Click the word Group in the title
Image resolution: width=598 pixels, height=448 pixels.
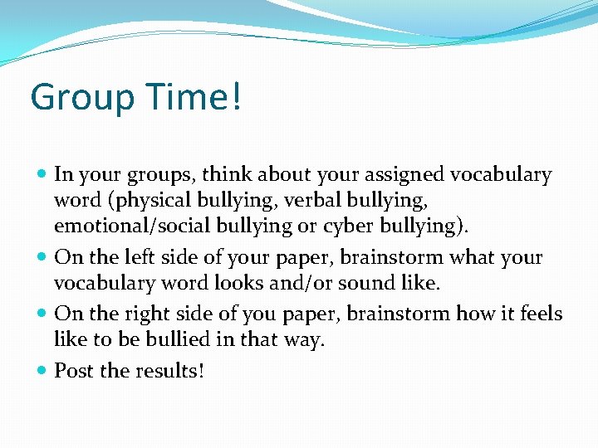[80, 99]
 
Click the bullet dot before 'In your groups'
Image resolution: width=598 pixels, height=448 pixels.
[42, 175]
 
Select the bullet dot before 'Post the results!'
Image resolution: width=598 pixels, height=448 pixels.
[42, 371]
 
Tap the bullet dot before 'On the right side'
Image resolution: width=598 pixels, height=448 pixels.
[42, 314]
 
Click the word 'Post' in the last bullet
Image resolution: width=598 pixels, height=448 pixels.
[74, 371]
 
